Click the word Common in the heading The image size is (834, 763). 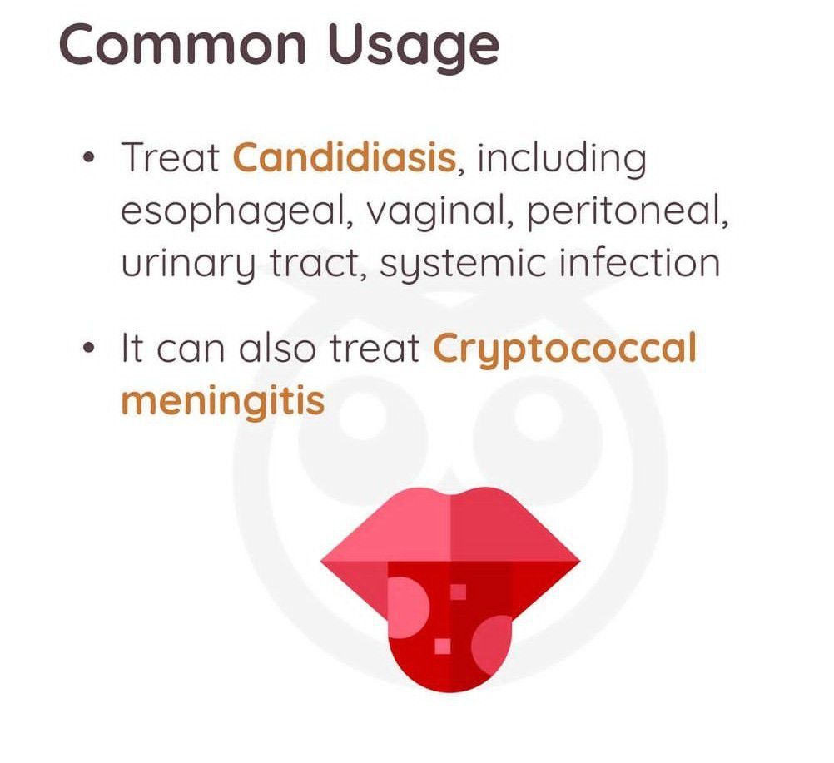pyautogui.click(x=182, y=44)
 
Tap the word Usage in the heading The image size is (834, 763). pyautogui.click(x=413, y=48)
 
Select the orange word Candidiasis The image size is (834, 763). pyautogui.click(x=345, y=157)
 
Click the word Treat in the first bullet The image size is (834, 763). pyautogui.click(x=170, y=157)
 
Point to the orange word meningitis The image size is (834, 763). pyautogui.click(x=223, y=401)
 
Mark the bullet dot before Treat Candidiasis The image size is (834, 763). pyautogui.click(x=89, y=158)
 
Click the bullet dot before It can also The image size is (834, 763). pyautogui.click(x=89, y=349)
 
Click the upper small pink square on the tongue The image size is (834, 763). pyautogui.click(x=458, y=592)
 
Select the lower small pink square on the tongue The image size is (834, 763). pyautogui.click(x=443, y=646)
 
